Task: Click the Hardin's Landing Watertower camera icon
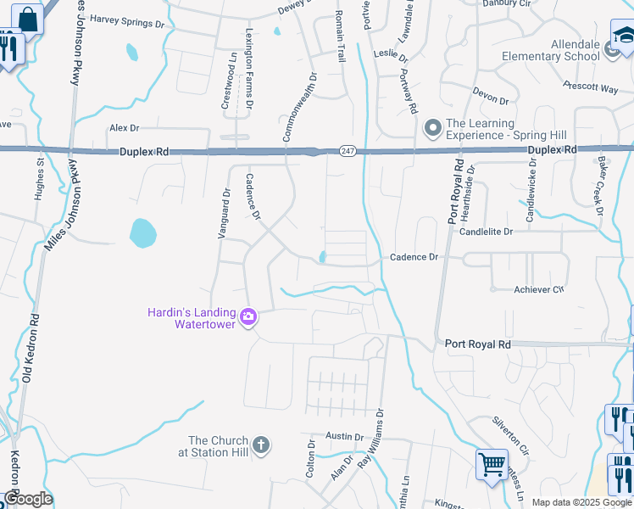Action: pos(248,316)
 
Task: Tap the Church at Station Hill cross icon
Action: pos(261,444)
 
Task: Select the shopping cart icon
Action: pos(491,463)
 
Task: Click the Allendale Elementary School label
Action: pos(551,49)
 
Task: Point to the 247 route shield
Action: pos(348,150)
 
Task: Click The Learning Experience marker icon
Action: pos(433,128)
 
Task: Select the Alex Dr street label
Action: pos(123,127)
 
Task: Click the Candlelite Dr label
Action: pos(487,231)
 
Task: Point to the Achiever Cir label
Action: pos(538,289)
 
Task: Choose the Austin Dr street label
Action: pos(344,437)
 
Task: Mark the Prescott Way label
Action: pos(590,87)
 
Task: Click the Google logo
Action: pos(27,499)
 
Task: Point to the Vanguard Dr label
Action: pos(224,212)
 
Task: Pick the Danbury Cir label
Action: pos(505,3)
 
